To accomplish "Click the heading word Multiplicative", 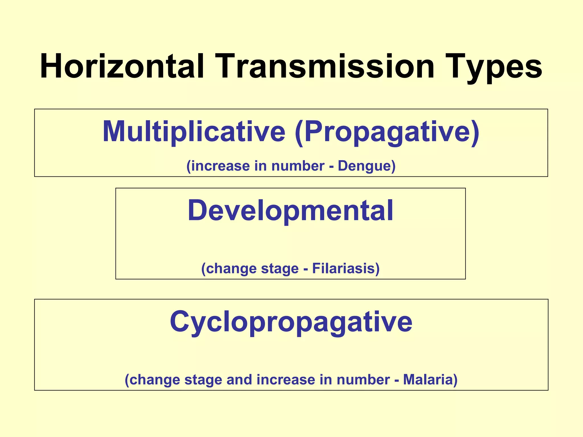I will [x=194, y=131].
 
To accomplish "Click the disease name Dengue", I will [x=367, y=166].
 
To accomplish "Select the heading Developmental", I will [x=290, y=211].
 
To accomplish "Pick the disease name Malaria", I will [x=430, y=380].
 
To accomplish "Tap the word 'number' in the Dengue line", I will [x=298, y=166].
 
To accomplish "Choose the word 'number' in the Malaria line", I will [x=363, y=380].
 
